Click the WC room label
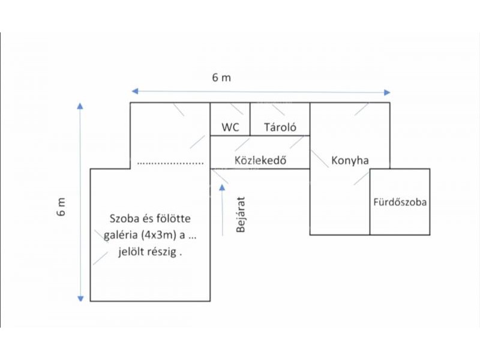(230, 127)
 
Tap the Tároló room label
(279, 127)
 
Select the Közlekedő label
(259, 160)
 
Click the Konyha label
(349, 161)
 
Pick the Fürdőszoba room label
(400, 202)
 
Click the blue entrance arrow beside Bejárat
(223, 210)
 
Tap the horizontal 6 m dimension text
(221, 77)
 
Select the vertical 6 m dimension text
(62, 206)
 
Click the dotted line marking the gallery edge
(170, 163)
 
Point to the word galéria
(122, 235)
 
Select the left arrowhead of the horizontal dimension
(135, 91)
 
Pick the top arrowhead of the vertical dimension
(80, 106)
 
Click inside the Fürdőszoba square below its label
(400, 221)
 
